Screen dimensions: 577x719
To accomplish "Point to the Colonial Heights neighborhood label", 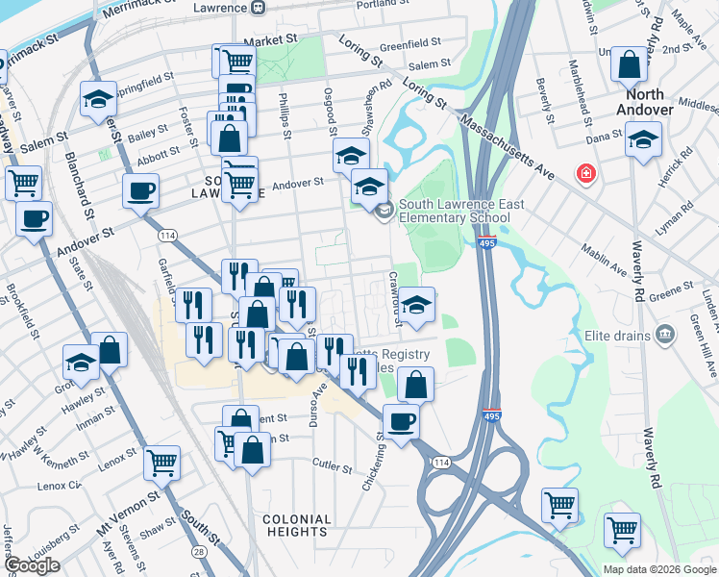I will coord(297,525).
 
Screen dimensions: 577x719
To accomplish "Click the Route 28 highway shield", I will coord(196,552).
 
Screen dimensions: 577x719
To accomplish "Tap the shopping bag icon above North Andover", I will coord(629,65).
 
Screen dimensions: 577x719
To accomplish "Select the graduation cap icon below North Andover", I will coord(643,139).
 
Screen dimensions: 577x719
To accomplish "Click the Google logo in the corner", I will coord(32,564).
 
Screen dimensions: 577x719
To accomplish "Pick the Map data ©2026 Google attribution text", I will coord(658,569).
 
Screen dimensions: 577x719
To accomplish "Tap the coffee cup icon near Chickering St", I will coord(401,420).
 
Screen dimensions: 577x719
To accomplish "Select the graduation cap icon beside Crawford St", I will coord(416,305).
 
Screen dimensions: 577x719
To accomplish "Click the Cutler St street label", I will coord(333,465).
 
